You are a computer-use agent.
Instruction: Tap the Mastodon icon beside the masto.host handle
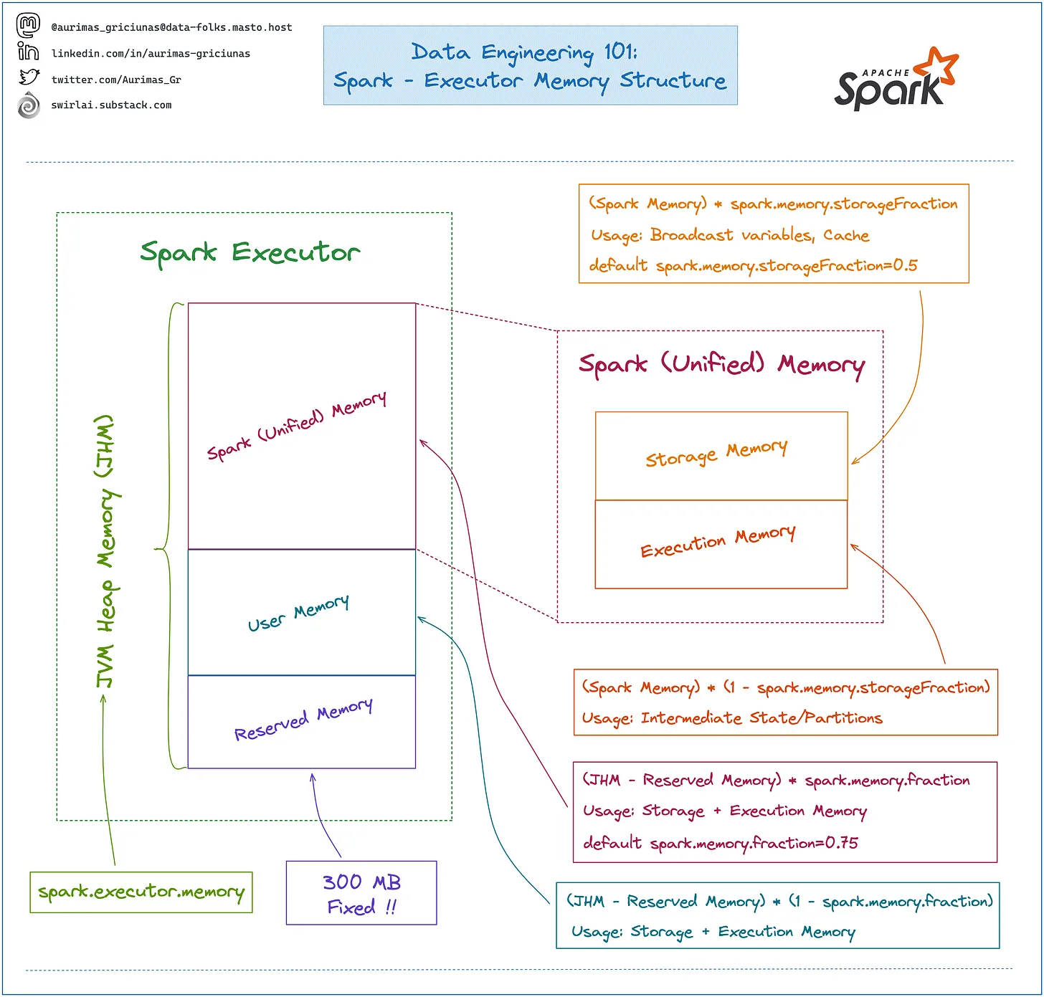pos(28,26)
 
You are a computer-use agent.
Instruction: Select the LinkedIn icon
pos(28,52)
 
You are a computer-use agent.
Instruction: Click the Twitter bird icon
pos(29,77)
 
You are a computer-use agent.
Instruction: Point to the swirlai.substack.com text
pos(111,105)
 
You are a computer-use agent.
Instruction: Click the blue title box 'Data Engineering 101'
pos(530,66)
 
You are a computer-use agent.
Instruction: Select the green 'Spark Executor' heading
pos(250,252)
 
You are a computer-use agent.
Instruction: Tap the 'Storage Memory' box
pos(721,455)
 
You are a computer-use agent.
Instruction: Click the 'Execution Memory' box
pos(721,544)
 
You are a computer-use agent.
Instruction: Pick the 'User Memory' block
pos(301,613)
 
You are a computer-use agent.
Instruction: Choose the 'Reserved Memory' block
pos(301,721)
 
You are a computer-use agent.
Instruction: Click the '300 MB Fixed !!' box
pos(361,893)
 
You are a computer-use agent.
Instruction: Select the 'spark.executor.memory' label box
pos(141,892)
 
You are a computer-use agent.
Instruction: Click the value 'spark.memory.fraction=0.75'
pos(754,843)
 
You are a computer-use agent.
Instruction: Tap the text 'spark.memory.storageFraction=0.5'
pos(787,266)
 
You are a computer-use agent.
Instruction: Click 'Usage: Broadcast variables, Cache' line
pos(730,235)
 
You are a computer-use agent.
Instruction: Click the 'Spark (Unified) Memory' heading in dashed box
pos(721,365)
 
